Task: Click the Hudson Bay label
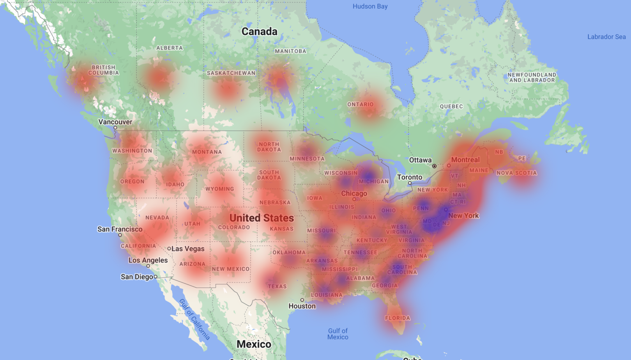tap(370, 7)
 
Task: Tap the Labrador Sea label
tap(606, 37)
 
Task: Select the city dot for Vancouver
tap(115, 128)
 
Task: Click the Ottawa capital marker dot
tap(434, 166)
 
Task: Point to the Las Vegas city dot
tap(169, 249)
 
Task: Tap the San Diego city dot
tap(156, 277)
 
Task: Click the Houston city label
tap(302, 306)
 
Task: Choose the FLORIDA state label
tap(397, 318)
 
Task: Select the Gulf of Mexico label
tap(338, 334)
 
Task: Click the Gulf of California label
tap(195, 320)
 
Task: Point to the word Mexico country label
tap(254, 344)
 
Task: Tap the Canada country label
tap(259, 32)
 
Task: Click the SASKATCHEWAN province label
tap(231, 73)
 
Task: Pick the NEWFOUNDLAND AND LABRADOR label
tap(532, 78)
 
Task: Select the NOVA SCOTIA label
tap(516, 173)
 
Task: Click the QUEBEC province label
tap(451, 107)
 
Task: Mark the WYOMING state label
tap(220, 189)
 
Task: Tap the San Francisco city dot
tap(120, 235)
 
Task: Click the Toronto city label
tap(410, 177)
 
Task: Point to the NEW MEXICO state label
tap(231, 269)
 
